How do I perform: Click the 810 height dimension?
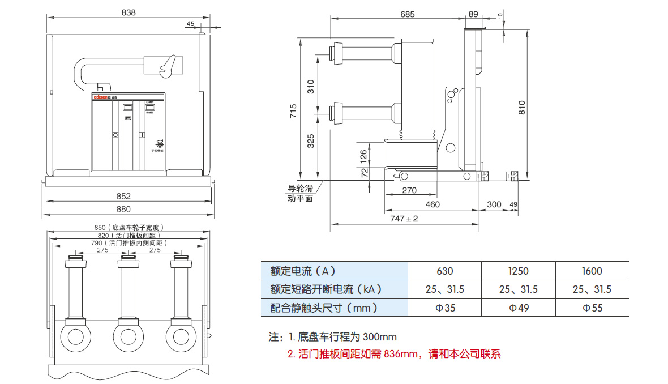[x=521, y=107]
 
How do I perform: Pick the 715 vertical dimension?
[x=293, y=110]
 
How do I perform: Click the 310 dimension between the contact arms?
[x=310, y=87]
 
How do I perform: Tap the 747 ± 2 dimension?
[x=404, y=218]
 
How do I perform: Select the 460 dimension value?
[x=433, y=204]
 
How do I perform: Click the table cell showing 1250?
[x=518, y=271]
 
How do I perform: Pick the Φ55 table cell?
[x=592, y=308]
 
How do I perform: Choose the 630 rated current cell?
[x=444, y=271]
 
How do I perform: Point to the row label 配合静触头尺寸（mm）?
[x=324, y=308]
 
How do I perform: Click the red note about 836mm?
[x=394, y=355]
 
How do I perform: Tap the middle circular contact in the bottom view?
[x=129, y=335]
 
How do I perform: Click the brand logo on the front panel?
[x=102, y=97]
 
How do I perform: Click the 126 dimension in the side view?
[x=364, y=155]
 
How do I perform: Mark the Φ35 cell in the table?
[x=444, y=308]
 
